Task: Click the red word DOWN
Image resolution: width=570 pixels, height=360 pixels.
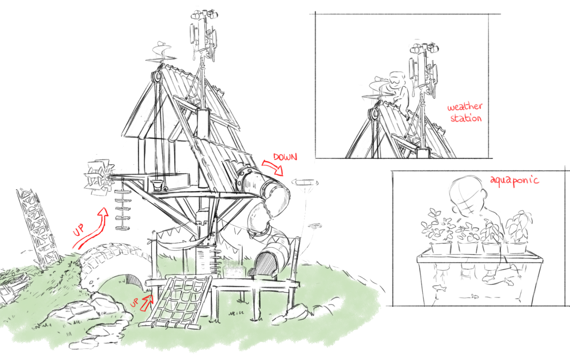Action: click(285, 157)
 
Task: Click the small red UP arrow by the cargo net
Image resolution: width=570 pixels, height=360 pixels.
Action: click(147, 303)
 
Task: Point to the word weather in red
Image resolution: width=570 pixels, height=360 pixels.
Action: click(465, 106)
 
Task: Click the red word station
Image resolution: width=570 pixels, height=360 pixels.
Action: click(466, 118)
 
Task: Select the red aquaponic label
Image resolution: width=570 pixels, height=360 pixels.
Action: click(514, 180)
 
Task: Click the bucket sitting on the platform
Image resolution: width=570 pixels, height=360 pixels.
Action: click(157, 185)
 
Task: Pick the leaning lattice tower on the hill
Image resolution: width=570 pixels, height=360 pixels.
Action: click(38, 226)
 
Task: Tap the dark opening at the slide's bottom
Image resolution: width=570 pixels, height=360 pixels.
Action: click(265, 265)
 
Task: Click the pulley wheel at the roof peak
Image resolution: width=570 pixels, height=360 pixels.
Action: click(157, 76)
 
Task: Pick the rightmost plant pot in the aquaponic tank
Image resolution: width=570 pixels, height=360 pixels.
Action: click(516, 248)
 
